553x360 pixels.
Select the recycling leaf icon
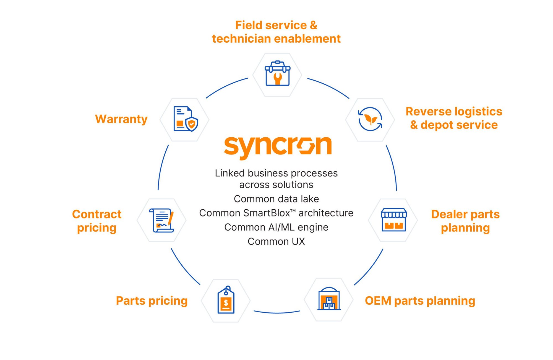pos(370,119)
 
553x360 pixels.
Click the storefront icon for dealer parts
pos(393,220)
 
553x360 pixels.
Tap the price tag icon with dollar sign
pos(226,300)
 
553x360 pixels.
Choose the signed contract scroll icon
pos(161,220)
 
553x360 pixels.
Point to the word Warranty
pos(121,119)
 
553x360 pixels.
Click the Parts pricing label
pos(152,301)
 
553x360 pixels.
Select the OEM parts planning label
pos(420,301)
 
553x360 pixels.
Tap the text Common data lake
pos(276,199)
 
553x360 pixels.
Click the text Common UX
pos(276,241)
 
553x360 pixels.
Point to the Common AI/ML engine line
pos(276,227)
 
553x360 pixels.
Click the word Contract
pos(96,214)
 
